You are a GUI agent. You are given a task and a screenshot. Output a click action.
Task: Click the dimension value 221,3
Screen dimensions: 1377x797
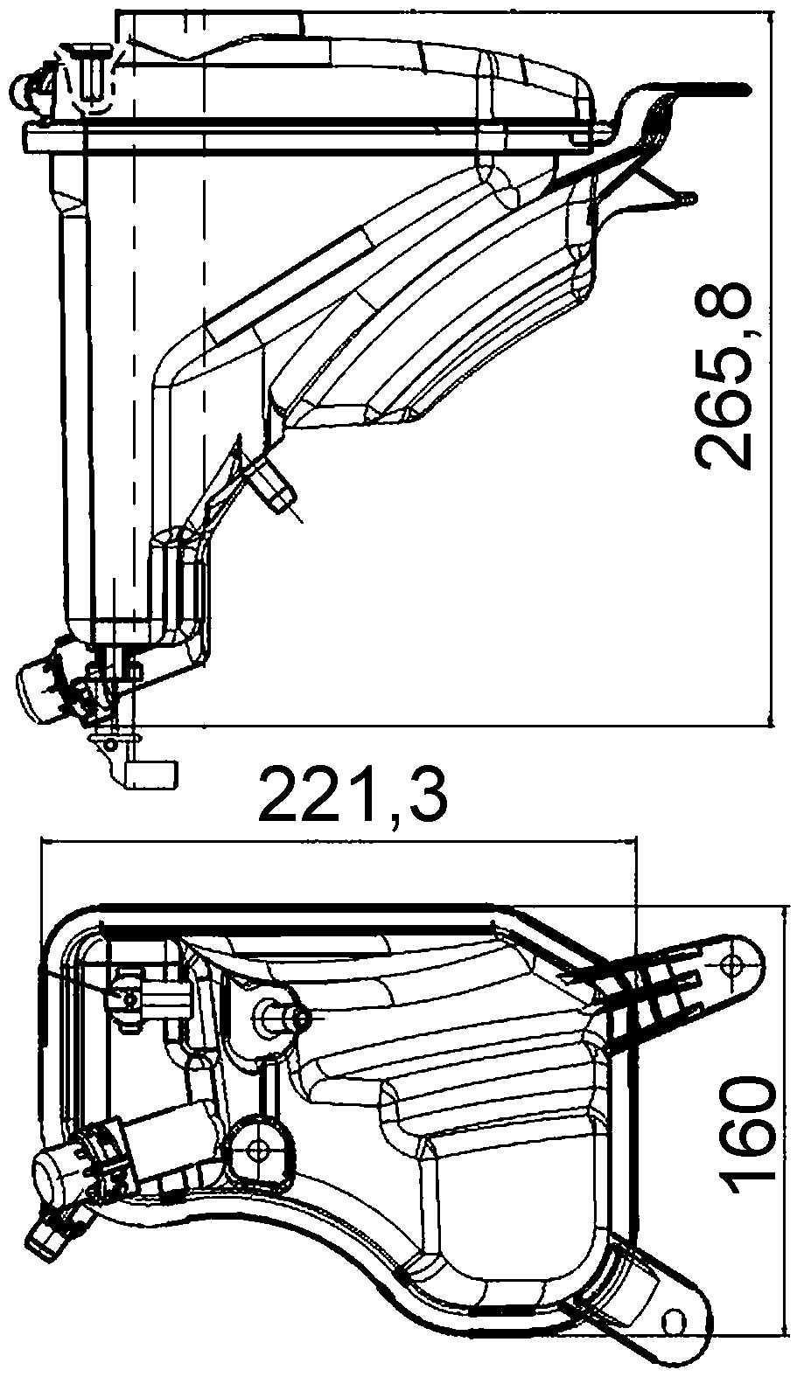[354, 794]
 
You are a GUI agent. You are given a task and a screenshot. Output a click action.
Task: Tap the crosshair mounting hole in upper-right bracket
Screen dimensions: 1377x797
[733, 964]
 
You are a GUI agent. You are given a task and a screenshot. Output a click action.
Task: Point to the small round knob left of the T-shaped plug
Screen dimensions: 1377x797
[26, 86]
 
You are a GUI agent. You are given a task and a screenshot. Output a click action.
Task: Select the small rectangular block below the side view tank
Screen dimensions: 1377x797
[153, 774]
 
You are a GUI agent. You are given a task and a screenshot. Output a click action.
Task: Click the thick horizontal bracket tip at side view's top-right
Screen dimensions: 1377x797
[717, 88]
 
